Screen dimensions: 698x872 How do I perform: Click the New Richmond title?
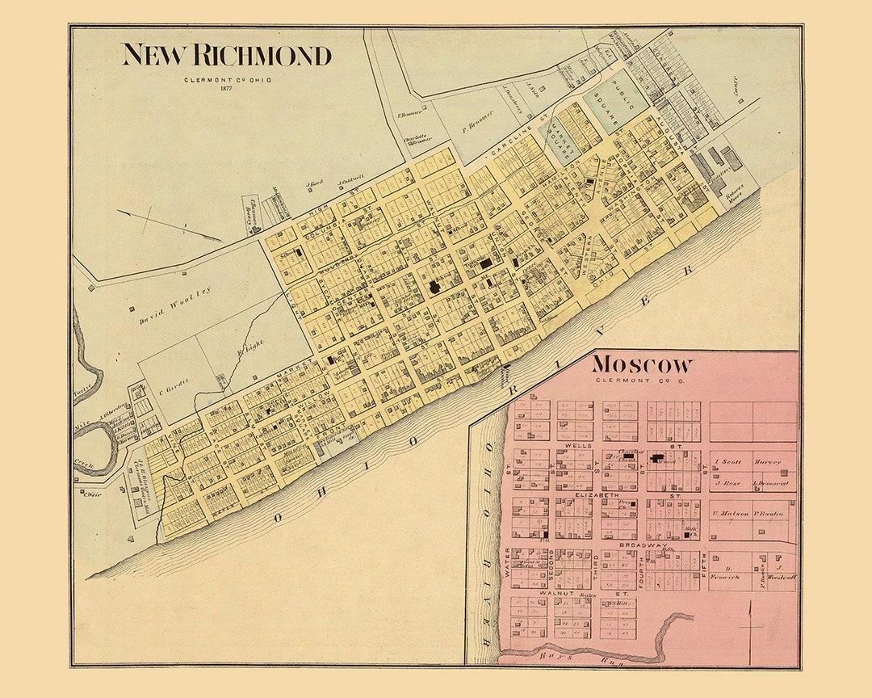(x=226, y=55)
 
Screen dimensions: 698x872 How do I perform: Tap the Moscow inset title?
(x=642, y=364)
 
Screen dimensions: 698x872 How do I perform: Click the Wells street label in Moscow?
(x=578, y=445)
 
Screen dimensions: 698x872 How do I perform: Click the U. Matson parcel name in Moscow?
(x=727, y=513)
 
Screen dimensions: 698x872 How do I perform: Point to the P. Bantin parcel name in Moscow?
(x=769, y=513)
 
